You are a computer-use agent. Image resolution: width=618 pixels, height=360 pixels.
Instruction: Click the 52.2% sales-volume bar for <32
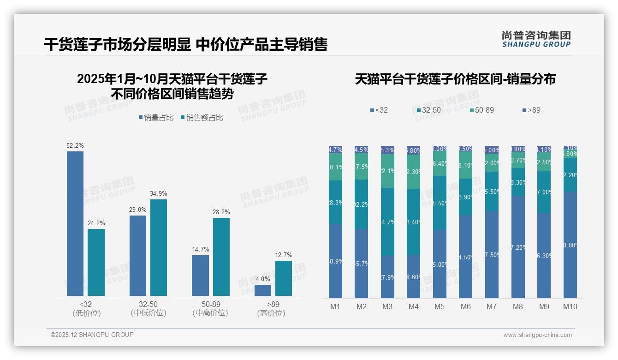tap(75, 223)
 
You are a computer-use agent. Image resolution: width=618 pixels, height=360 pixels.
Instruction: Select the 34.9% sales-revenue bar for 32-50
tap(159, 247)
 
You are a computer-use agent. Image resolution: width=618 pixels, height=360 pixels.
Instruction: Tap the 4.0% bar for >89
tap(263, 290)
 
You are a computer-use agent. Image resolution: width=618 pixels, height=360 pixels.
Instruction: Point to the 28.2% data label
tap(221, 212)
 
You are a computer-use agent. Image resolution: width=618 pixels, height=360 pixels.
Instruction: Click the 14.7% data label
tap(200, 250)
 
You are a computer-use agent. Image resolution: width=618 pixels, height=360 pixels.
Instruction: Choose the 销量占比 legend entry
tap(156, 118)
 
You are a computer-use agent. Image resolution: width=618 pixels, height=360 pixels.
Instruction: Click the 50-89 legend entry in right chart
tap(481, 110)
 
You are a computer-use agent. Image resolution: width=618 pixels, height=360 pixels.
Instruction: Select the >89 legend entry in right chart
tap(531, 110)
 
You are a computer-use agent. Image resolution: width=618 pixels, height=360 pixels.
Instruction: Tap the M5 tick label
tap(440, 306)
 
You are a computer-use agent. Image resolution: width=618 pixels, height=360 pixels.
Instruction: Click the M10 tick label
tap(570, 306)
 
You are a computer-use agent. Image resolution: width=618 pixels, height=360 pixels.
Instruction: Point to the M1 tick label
tap(335, 306)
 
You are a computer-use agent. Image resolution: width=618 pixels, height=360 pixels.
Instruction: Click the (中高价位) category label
tap(211, 313)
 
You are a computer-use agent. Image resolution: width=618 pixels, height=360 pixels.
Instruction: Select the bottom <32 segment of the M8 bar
tap(518, 247)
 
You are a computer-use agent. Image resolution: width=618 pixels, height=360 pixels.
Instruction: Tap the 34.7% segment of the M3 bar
tap(387, 222)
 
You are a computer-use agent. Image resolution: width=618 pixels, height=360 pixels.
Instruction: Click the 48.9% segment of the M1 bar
tap(335, 261)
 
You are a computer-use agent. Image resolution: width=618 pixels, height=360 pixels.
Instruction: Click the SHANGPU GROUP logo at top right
tap(536, 39)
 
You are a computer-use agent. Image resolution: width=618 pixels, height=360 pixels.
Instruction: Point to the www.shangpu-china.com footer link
tap(537, 335)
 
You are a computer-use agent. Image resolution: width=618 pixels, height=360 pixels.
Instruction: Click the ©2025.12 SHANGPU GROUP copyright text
tap(92, 335)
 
